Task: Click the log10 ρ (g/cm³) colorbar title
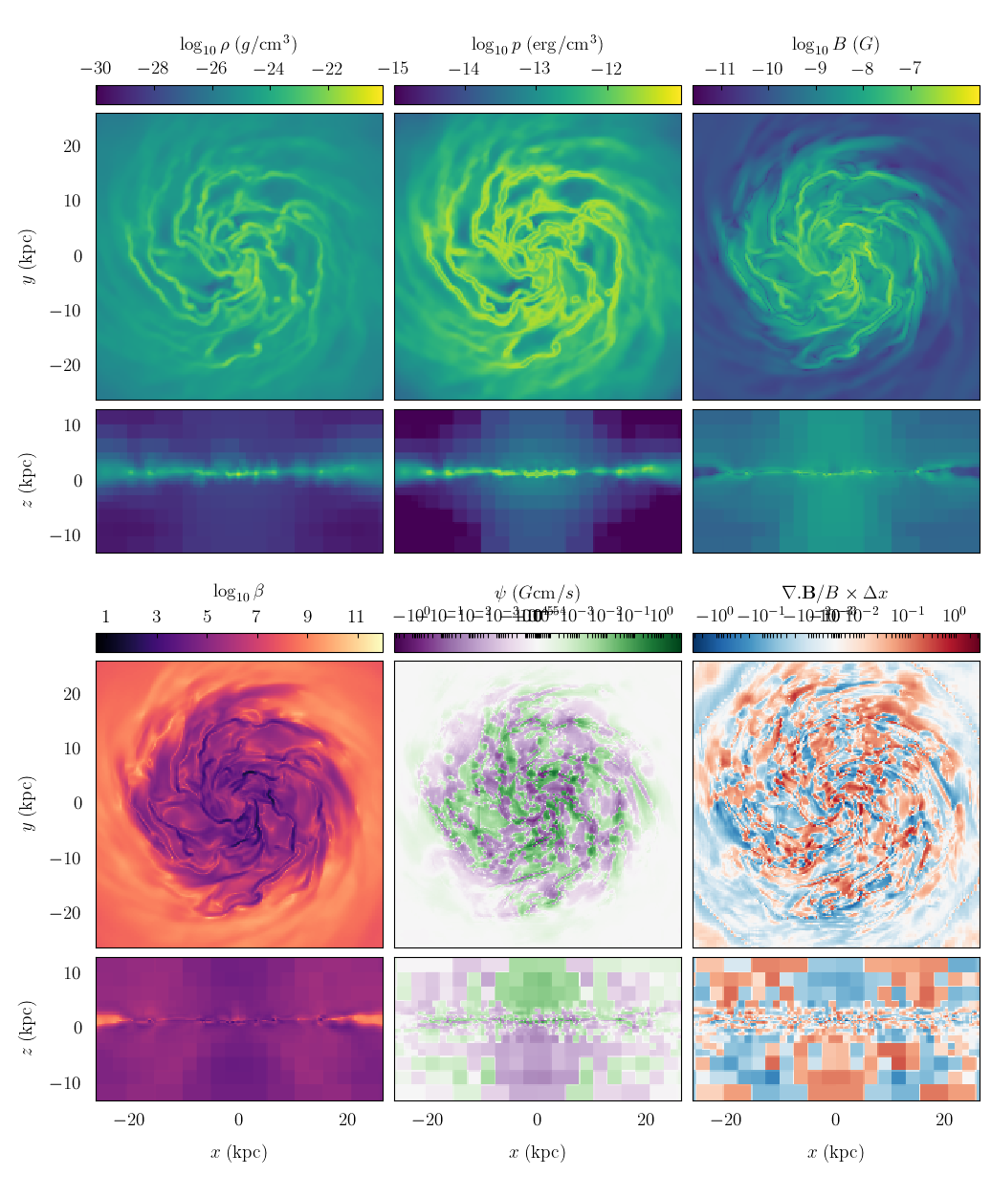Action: pyautogui.click(x=238, y=45)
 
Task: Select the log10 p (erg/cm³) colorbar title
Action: pyautogui.click(x=537, y=45)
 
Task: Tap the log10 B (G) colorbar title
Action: pyautogui.click(x=835, y=45)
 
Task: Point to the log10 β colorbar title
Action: pyautogui.click(x=238, y=593)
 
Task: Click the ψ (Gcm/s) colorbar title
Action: pyautogui.click(x=537, y=593)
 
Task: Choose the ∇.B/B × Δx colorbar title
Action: pyautogui.click(x=835, y=593)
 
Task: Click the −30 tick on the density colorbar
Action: pyautogui.click(x=96, y=69)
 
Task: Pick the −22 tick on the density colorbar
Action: pyautogui.click(x=327, y=69)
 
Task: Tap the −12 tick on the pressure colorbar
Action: pyautogui.click(x=606, y=69)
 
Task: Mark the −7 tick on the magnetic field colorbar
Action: pyautogui.click(x=910, y=69)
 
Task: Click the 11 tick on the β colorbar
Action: pyautogui.click(x=356, y=617)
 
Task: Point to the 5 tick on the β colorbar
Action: pyautogui.click(x=207, y=617)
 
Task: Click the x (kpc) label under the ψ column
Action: pyautogui.click(x=537, y=1152)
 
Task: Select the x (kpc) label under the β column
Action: pyautogui.click(x=238, y=1152)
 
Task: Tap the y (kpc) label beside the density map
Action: pyautogui.click(x=29, y=256)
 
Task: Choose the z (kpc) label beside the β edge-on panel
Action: pyautogui.click(x=29, y=1028)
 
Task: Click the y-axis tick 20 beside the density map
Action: pyautogui.click(x=73, y=146)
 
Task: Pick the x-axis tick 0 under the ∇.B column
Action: pyautogui.click(x=835, y=1121)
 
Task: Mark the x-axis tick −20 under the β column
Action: pyautogui.click(x=128, y=1121)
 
